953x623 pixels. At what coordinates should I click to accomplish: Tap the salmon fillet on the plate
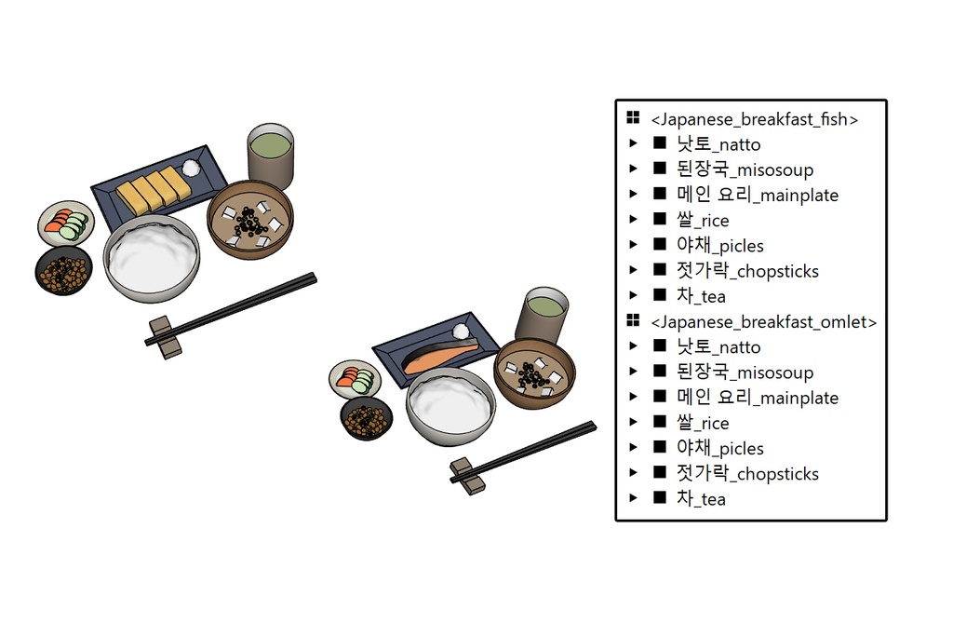438,358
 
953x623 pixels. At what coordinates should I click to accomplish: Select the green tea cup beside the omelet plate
270,154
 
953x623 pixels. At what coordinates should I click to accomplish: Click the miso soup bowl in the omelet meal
249,220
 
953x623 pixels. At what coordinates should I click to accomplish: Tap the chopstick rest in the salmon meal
468,472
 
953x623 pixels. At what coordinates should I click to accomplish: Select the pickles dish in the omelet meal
66,223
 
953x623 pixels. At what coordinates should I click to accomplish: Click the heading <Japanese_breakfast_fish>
754,119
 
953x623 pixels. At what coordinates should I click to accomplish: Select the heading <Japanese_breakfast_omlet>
763,322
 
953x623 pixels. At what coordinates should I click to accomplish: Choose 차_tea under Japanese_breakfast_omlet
701,499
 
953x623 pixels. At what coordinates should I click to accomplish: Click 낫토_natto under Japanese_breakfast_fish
718,144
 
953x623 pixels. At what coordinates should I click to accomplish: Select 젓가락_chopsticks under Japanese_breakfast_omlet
747,474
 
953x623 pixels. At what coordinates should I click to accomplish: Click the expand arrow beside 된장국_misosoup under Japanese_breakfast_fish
634,169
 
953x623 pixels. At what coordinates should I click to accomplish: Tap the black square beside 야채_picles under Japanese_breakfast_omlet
660,448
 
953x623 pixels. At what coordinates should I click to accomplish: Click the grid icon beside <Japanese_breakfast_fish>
633,118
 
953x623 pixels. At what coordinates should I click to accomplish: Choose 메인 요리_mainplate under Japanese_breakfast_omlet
758,398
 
